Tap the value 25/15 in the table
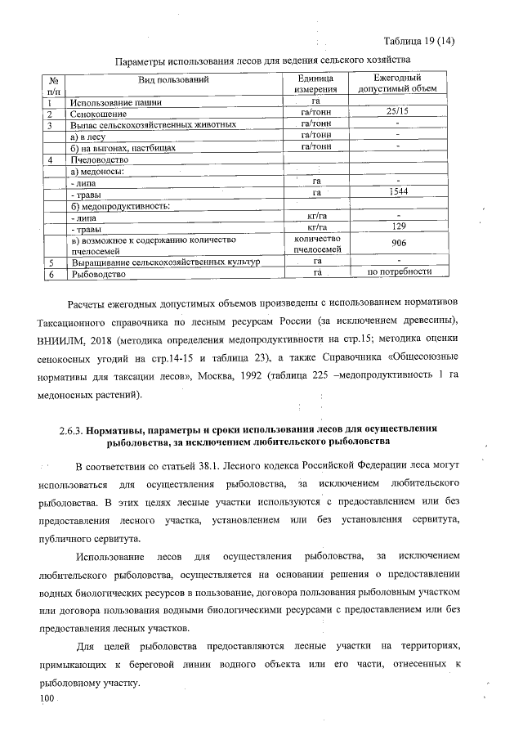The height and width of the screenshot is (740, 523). [x=397, y=113]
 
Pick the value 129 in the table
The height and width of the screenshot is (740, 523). [x=397, y=226]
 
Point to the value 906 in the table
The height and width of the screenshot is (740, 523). [x=397, y=244]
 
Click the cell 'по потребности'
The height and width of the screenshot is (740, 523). [x=398, y=272]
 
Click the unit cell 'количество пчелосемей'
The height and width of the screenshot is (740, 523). [x=315, y=244]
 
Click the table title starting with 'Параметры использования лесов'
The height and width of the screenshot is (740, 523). [x=261, y=61]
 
